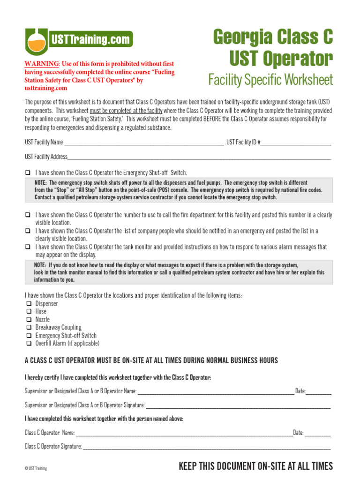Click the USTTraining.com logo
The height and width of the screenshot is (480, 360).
tap(79, 39)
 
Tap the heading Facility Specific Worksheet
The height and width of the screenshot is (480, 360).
tap(270, 80)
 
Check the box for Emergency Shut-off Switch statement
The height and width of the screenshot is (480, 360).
tap(28, 172)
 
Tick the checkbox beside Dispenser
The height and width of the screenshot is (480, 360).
tap(28, 304)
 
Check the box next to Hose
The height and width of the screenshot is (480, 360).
tap(28, 312)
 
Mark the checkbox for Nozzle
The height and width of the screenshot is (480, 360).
tap(28, 320)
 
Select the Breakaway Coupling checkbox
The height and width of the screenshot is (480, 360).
tap(28, 328)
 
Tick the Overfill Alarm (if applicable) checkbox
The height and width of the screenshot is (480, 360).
tap(28, 344)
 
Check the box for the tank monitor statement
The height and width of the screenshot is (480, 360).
tap(28, 247)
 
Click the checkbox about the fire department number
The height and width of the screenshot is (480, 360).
tap(28, 215)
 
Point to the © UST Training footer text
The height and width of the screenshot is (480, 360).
tap(36, 468)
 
